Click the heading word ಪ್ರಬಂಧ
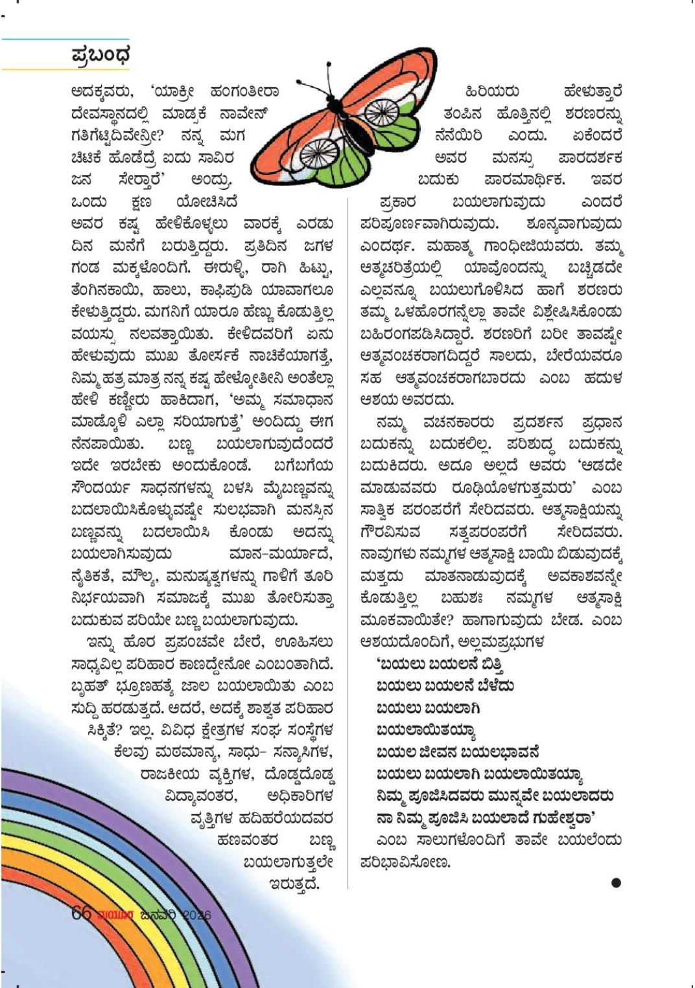tap(100, 55)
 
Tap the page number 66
tap(81, 913)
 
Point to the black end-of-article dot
tap(615, 882)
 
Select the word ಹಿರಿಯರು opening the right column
tap(492, 92)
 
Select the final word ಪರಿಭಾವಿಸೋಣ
tap(405, 862)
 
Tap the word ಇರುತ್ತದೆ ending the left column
tap(294, 884)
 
